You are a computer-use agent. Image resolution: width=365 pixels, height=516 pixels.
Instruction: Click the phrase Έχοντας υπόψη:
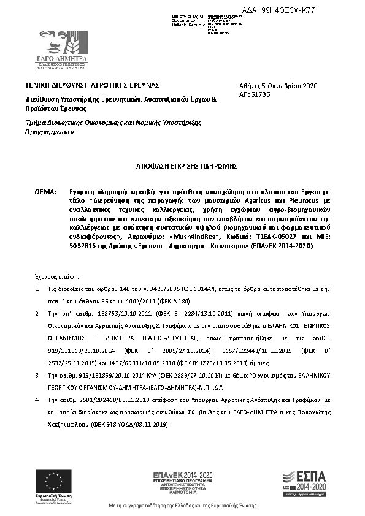pyautogui.click(x=53, y=277)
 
